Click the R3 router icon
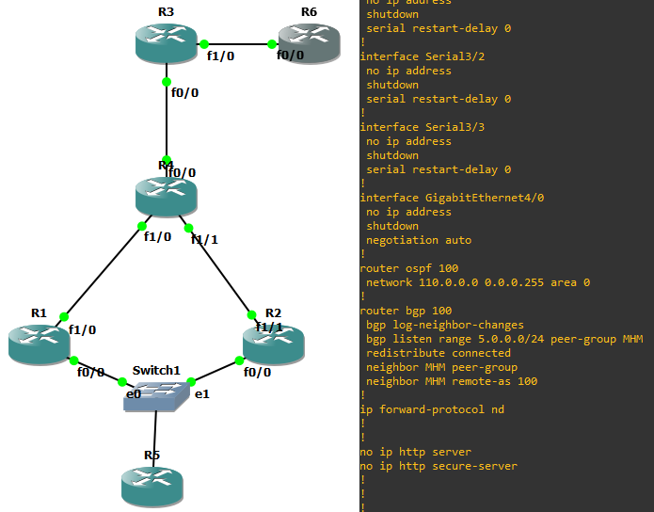point(166,43)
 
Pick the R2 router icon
point(273,344)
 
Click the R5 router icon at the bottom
point(152,486)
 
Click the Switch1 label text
point(155,370)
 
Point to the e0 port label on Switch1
point(133,394)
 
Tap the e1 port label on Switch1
point(201,394)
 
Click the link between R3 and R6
point(237,43)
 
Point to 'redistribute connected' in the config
point(425,353)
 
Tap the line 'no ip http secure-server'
point(439,466)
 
